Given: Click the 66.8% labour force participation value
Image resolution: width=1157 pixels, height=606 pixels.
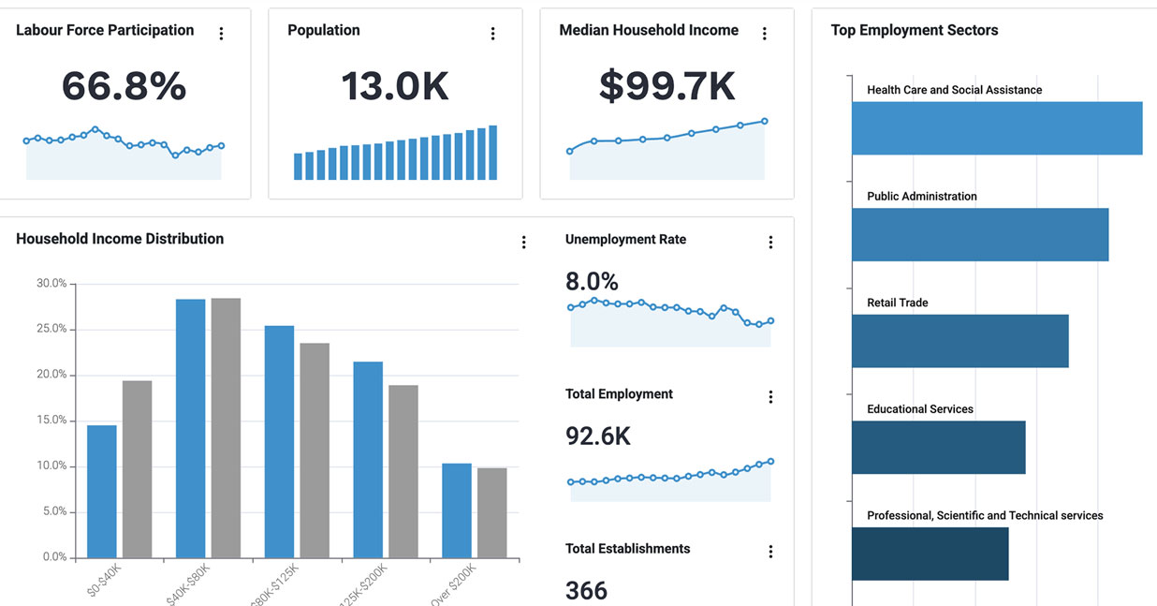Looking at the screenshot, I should [x=124, y=86].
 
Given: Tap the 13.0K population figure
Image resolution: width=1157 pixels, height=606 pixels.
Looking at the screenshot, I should [x=395, y=86].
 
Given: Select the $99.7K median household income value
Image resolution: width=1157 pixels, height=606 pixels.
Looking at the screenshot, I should [x=666, y=86].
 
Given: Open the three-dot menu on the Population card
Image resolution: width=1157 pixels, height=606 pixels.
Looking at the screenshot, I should [x=492, y=34].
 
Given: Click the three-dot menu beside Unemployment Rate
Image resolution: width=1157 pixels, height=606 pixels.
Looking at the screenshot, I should [x=770, y=243].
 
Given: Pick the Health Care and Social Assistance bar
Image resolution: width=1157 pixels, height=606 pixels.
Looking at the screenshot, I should [x=996, y=128].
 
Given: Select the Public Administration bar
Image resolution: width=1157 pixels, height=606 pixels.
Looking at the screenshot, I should [x=979, y=234].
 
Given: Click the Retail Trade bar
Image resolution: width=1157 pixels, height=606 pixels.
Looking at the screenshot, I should [x=959, y=341].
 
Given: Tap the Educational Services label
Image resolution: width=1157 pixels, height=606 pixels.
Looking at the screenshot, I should [x=920, y=409].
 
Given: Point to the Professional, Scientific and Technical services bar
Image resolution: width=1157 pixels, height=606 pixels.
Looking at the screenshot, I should [x=930, y=554].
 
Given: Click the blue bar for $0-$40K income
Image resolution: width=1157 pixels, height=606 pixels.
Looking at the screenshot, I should [x=102, y=492].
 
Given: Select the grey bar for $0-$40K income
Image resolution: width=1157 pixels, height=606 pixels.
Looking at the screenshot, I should [x=137, y=469].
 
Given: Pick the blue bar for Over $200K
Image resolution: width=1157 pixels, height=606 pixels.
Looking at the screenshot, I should [x=457, y=510].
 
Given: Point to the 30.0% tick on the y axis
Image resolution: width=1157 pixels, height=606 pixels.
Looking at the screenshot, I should [x=51, y=284].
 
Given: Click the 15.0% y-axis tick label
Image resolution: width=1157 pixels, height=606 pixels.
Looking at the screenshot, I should [x=51, y=421].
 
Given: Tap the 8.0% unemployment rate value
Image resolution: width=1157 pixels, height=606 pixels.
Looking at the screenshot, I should [x=592, y=281].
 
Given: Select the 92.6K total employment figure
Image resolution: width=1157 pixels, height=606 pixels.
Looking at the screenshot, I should [x=597, y=436].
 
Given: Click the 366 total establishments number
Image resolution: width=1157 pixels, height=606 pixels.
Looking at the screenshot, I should [x=586, y=590].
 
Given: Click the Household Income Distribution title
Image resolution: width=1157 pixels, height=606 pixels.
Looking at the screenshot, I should [x=120, y=239].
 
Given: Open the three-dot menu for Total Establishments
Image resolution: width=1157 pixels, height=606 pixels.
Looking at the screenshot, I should [x=770, y=552].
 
